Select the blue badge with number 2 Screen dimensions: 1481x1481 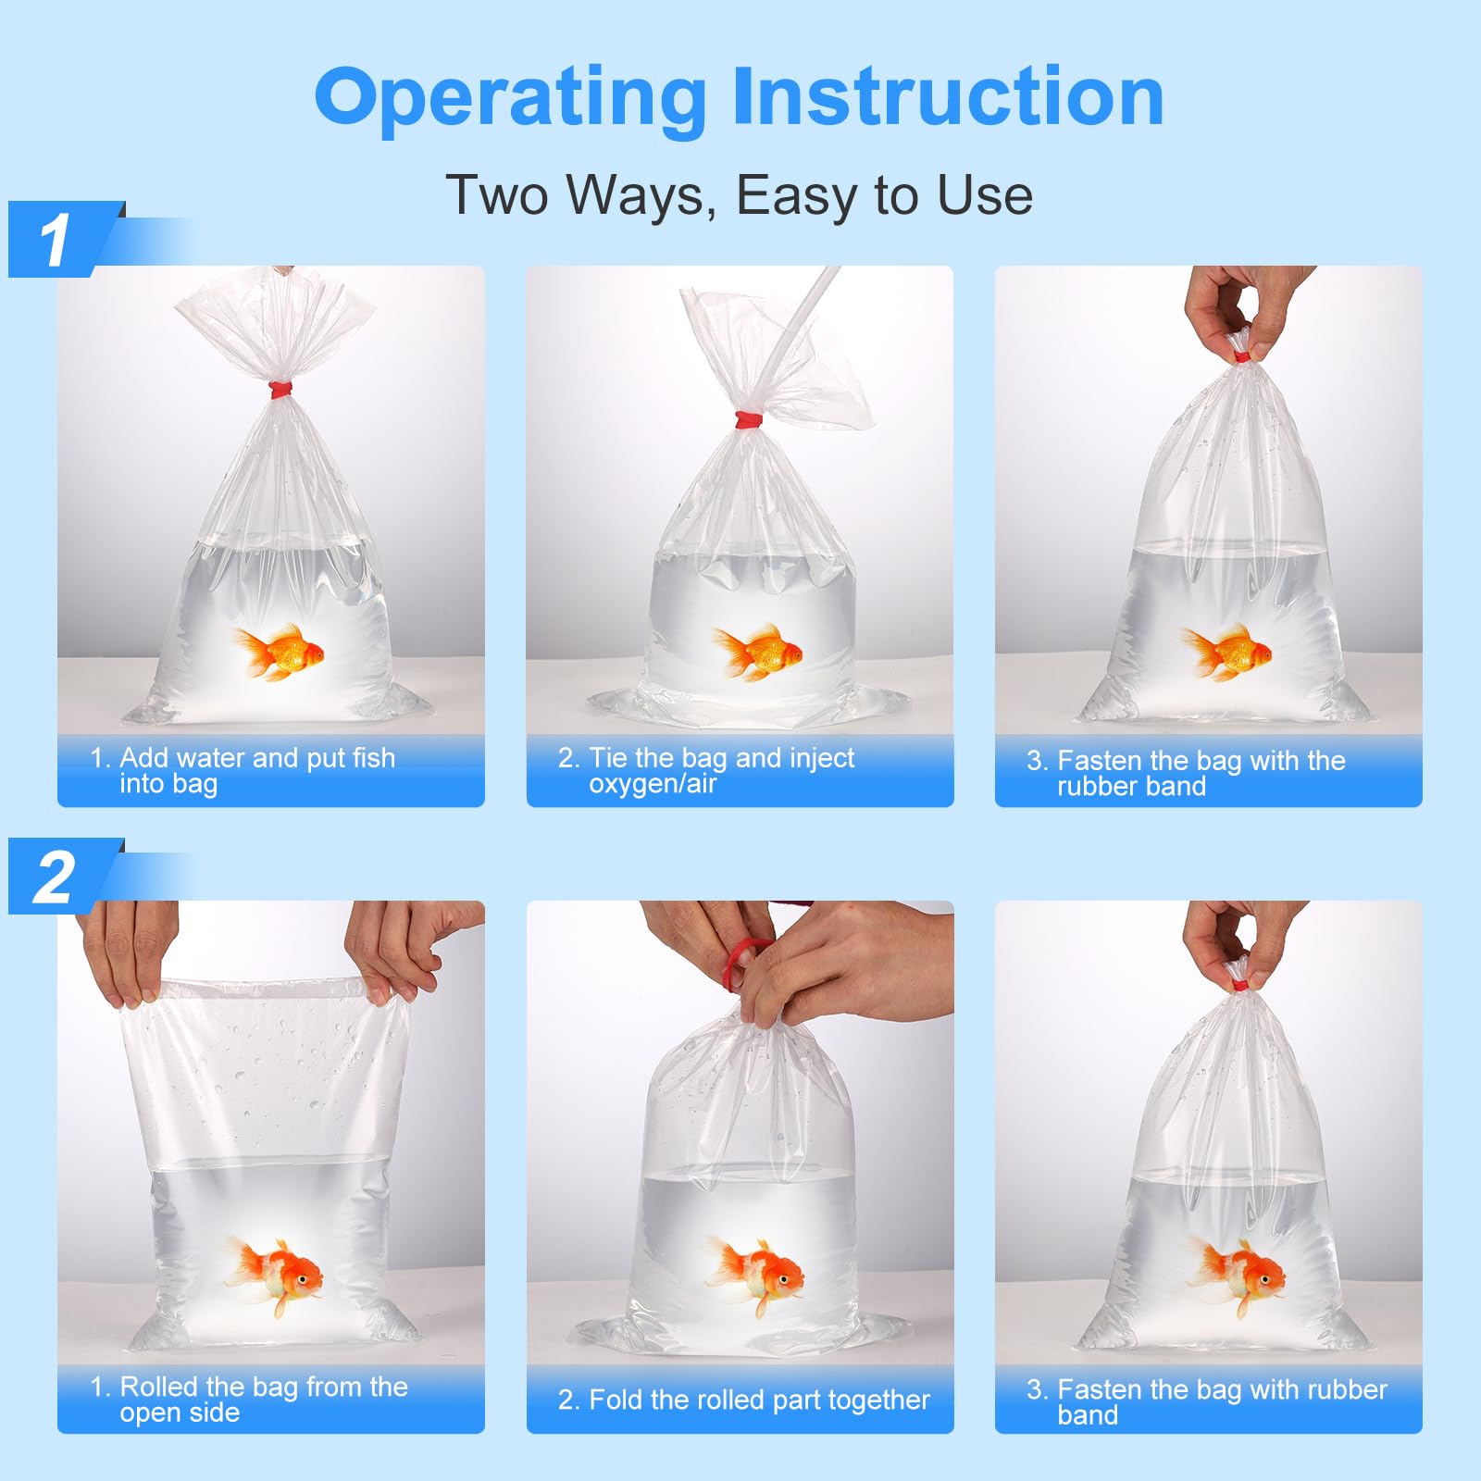(x=56, y=877)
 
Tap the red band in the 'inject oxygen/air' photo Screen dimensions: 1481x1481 (x=749, y=421)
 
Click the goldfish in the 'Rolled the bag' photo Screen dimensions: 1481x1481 (x=276, y=1274)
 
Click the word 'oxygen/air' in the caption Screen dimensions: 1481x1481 (x=653, y=785)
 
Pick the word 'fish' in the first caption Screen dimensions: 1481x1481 (x=373, y=758)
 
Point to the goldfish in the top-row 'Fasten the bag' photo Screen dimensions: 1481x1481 (x=1227, y=652)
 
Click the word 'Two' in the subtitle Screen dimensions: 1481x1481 (x=497, y=195)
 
